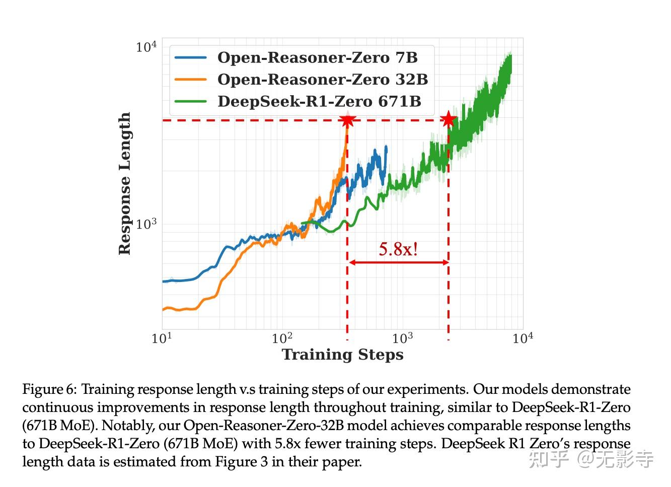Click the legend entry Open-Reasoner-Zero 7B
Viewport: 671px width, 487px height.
pyautogui.click(x=317, y=57)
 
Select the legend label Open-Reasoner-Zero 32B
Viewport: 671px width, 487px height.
pyautogui.click(x=322, y=80)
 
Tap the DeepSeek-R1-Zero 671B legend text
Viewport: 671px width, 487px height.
pyautogui.click(x=319, y=101)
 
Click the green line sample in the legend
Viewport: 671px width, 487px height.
pyautogui.click(x=190, y=101)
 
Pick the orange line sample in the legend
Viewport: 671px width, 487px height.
pyautogui.click(x=190, y=80)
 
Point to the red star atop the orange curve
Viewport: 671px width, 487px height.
pyautogui.click(x=347, y=120)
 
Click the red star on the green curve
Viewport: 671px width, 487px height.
pyautogui.click(x=448, y=120)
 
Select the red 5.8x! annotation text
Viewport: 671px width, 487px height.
pyautogui.click(x=398, y=249)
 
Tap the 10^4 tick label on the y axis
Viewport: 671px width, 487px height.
pyautogui.click(x=146, y=47)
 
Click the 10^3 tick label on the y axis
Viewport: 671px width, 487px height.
pyautogui.click(x=146, y=224)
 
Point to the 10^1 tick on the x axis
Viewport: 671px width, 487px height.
pyautogui.click(x=162, y=338)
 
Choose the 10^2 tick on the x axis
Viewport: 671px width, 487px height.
pyautogui.click(x=282, y=338)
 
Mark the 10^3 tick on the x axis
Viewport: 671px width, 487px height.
pyautogui.click(x=402, y=338)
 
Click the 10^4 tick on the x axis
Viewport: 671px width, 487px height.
pyautogui.click(x=523, y=338)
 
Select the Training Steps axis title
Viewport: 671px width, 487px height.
pyautogui.click(x=342, y=355)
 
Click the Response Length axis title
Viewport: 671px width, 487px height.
pyautogui.click(x=124, y=183)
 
